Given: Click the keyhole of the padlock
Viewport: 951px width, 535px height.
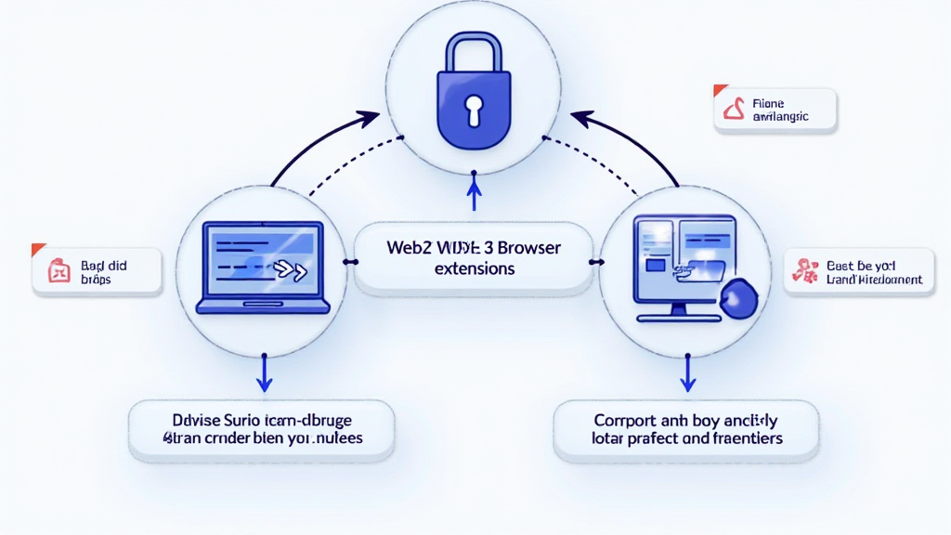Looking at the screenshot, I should point(475,109).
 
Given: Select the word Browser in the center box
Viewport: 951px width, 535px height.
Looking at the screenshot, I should point(528,249).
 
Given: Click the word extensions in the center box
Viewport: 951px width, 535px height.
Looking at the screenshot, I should point(474,269).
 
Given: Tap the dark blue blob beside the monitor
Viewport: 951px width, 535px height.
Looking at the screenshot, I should point(739,298).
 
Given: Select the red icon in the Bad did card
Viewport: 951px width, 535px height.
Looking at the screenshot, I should point(59,272).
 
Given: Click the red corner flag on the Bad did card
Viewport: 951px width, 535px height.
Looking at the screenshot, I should point(37,249).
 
